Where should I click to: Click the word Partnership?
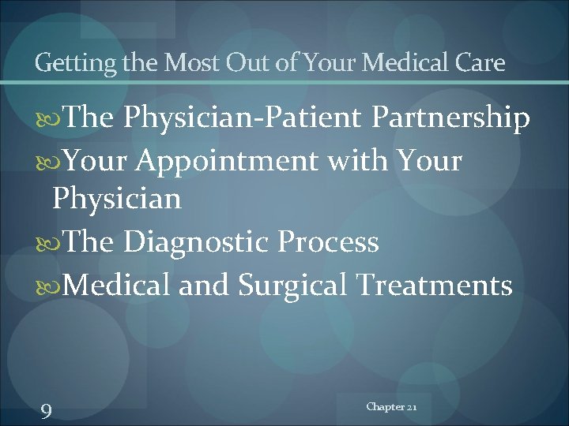450,118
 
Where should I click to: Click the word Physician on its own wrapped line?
117,200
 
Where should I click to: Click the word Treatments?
435,283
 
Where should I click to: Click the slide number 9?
46,411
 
